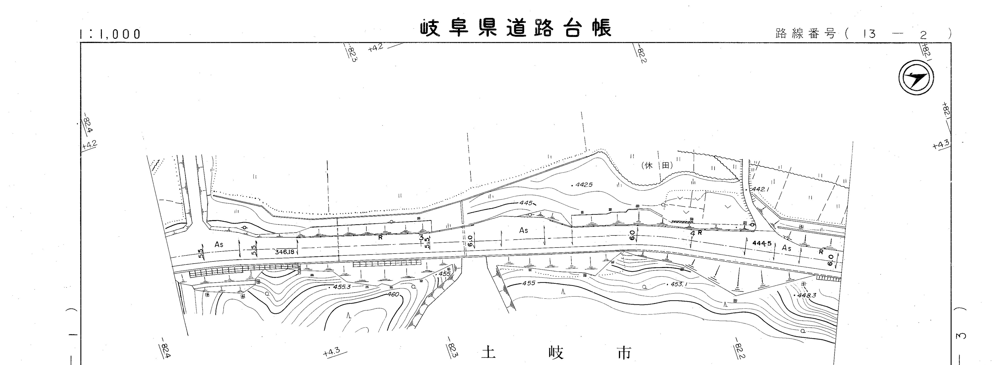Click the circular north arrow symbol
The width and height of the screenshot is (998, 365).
(x=916, y=78)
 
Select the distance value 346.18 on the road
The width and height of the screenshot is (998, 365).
(x=285, y=252)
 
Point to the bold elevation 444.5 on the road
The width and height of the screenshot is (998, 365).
(x=762, y=243)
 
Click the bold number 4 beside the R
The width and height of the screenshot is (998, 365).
(x=692, y=233)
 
